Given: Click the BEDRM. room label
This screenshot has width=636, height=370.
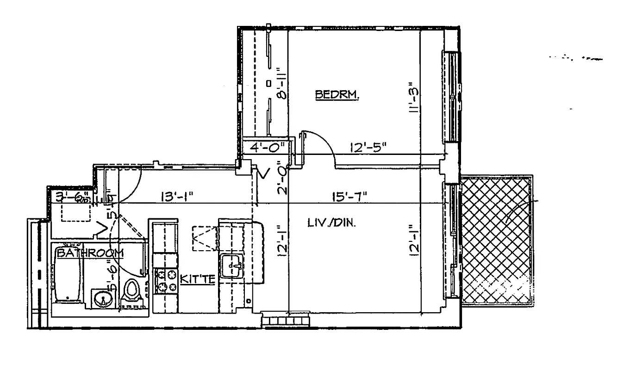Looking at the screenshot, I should pos(337,95).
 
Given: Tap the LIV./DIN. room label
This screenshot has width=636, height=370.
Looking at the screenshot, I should pos(331,222).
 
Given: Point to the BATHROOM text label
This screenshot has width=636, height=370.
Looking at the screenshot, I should pos(90,253).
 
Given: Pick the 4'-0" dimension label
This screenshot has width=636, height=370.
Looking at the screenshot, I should pos(263,148).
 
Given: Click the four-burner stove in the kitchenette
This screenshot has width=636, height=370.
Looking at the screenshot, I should pos(166,281).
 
